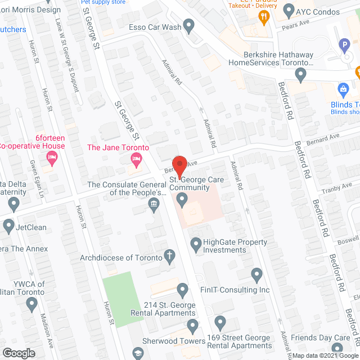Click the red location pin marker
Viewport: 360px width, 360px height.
click(179, 164)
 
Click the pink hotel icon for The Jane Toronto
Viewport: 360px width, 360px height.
click(135, 160)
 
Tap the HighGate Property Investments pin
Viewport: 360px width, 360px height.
click(196, 244)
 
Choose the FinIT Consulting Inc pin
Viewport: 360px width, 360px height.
click(257, 275)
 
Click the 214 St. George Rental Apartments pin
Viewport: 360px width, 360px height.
click(182, 290)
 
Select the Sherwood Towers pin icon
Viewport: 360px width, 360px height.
click(193, 326)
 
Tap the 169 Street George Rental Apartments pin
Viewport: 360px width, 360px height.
click(220, 323)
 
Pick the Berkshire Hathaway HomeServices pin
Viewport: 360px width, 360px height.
click(301, 74)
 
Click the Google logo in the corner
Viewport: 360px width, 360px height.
click(18, 353)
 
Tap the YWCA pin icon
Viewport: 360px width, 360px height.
click(31, 304)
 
